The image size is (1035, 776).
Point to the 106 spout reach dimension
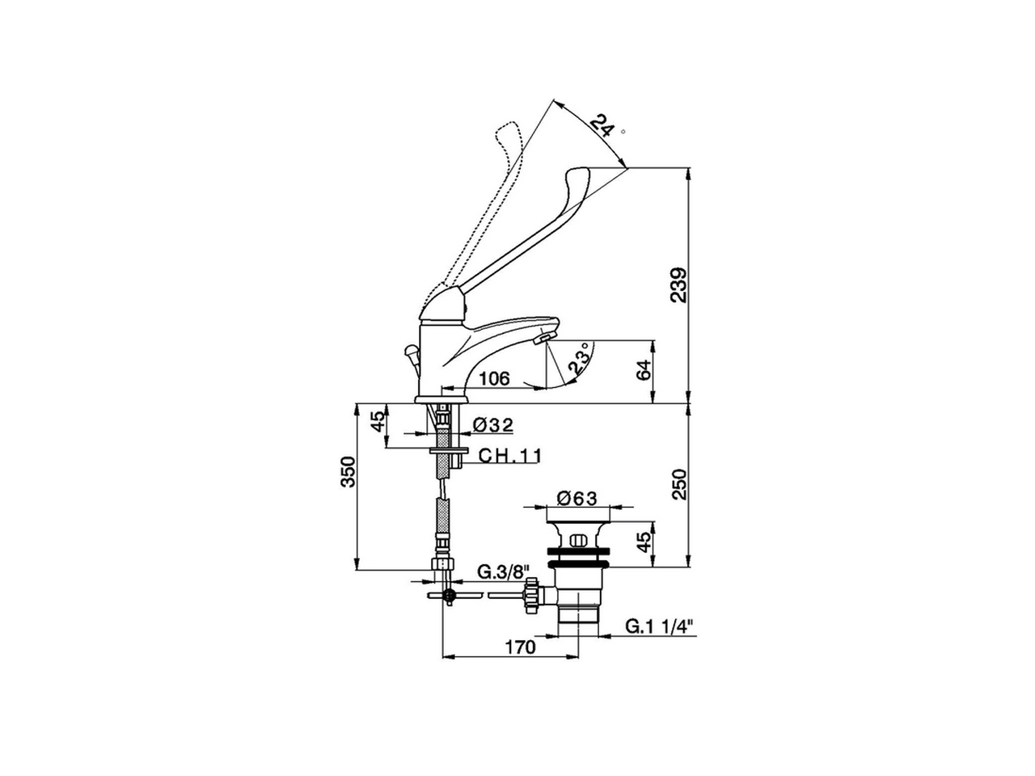pos(493,378)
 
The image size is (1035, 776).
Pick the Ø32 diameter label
pos(492,424)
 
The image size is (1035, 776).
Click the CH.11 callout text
pos(509,456)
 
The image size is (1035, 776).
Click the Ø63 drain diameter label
pos(577,499)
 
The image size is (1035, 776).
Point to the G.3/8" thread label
pos(501,572)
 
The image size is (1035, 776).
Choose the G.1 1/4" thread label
pos(659,626)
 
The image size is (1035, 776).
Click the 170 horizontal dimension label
pos(520,647)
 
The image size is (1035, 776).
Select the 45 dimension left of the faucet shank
pos(377,423)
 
